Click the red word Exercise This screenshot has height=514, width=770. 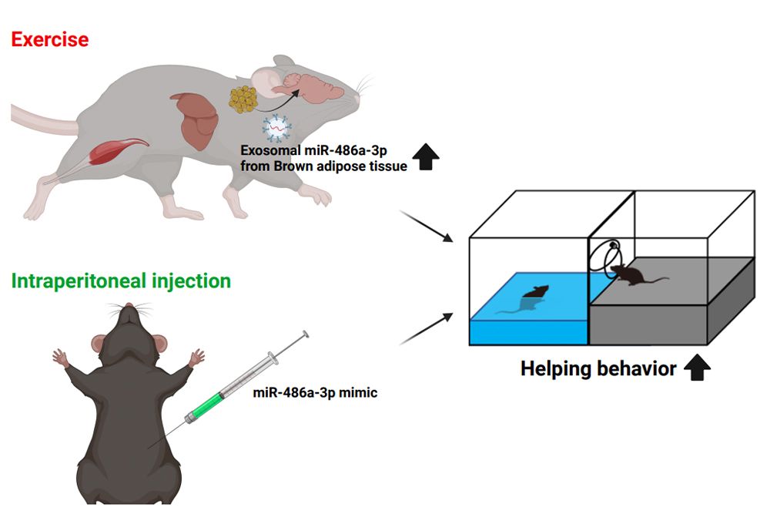tap(50, 39)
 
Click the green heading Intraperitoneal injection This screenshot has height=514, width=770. tap(121, 281)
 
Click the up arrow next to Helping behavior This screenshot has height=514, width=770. tap(697, 368)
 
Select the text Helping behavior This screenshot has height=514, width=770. tap(598, 369)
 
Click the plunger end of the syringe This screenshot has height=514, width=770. tap(306, 334)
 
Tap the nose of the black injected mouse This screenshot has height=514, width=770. tap(128, 307)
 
